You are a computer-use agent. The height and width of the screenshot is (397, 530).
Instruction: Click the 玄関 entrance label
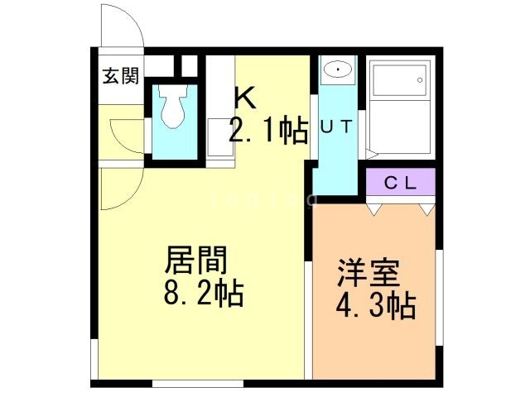tap(120, 77)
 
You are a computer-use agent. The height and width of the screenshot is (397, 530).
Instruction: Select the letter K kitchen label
tap(244, 98)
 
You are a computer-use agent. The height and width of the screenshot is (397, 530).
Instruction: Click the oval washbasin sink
tap(336, 71)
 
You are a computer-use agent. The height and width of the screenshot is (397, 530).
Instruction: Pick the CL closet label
tap(400, 183)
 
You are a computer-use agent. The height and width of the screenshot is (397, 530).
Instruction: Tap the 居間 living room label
tap(196, 263)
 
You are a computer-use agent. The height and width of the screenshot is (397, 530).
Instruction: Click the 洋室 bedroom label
tap(369, 274)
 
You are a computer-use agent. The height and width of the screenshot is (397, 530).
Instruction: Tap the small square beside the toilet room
tap(190, 66)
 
